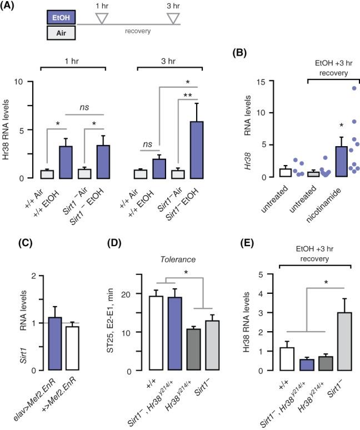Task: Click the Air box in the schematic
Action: point(61,33)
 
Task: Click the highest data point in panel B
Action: point(353,88)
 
